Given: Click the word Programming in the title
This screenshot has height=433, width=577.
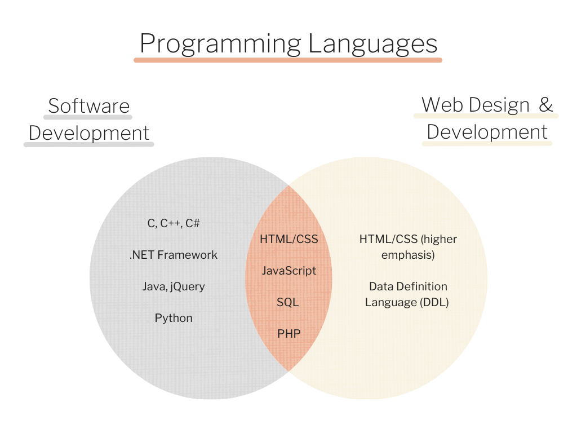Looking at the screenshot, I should (220, 43).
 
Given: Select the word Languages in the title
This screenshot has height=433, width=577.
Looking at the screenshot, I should (372, 43).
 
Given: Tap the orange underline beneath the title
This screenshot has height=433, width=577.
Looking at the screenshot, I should (287, 59).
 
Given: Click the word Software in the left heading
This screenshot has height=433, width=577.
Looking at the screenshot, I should (88, 105).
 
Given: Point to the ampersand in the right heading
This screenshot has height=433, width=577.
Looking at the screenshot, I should (545, 104).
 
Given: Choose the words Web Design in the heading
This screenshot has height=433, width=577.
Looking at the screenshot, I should (476, 104).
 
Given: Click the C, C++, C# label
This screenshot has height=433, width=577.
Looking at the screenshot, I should (174, 223).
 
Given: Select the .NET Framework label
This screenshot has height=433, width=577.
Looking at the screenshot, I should (174, 255).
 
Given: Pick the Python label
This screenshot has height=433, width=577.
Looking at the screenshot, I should (174, 318).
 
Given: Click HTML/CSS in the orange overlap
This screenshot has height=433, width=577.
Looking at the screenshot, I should (288, 239).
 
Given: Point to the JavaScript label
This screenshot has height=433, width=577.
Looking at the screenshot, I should (288, 271).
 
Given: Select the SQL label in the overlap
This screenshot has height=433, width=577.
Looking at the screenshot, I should (287, 302).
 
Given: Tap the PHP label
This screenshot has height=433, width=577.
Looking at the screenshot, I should (288, 334).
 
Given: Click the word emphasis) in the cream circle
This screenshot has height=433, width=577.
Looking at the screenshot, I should (407, 255).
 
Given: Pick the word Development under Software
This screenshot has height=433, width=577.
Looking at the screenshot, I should (88, 133).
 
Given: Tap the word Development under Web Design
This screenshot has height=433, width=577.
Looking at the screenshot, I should (487, 132).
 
